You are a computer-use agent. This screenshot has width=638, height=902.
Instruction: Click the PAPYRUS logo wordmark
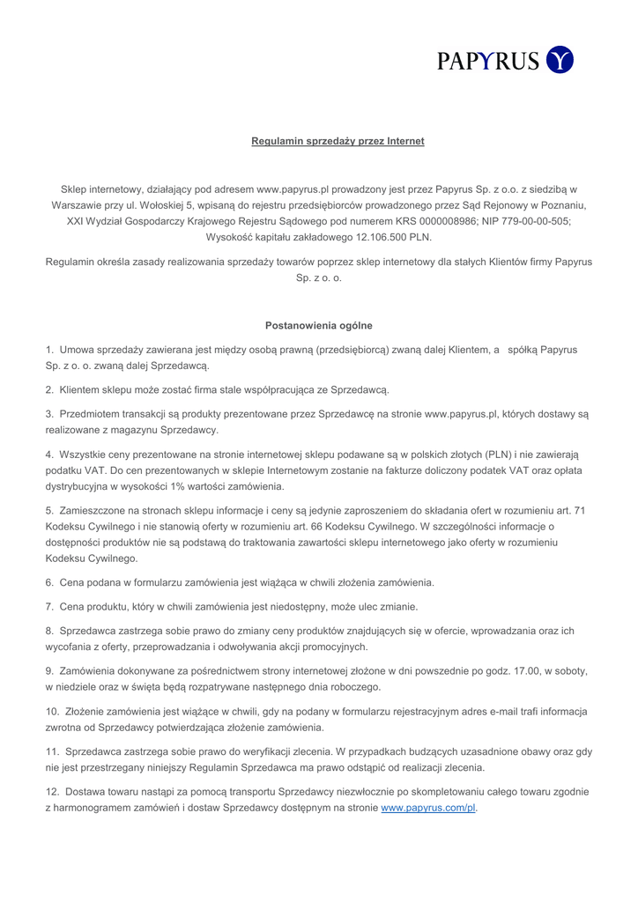(x=488, y=60)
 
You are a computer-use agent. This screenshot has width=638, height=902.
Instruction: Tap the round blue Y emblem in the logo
(x=560, y=60)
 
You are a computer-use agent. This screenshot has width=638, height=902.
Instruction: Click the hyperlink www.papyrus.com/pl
(x=428, y=807)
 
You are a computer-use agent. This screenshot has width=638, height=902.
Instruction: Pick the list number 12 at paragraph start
(x=52, y=791)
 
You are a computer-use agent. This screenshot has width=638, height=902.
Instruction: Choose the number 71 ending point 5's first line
(x=580, y=510)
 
